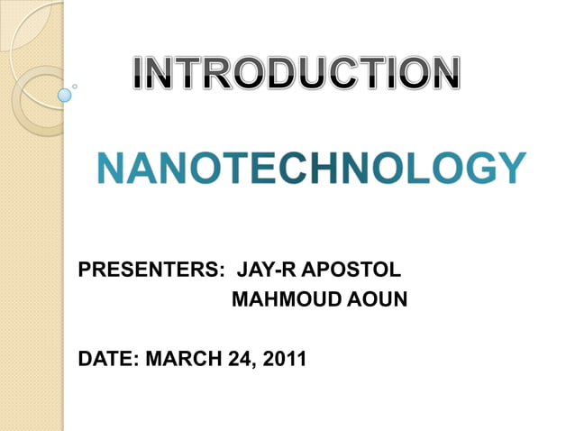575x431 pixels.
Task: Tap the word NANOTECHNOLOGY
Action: click(x=311, y=169)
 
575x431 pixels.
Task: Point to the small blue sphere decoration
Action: click(x=64, y=94)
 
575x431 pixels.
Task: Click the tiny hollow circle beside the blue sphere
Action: click(x=75, y=87)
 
